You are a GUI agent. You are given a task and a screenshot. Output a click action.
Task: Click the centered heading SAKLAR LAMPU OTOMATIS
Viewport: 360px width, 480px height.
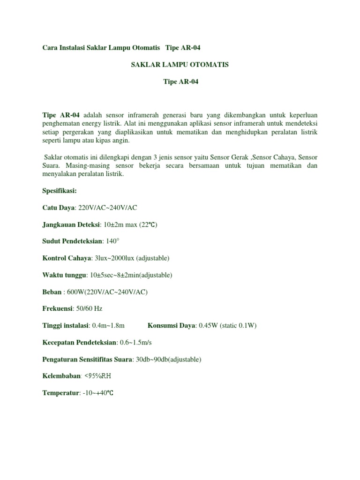point(180,65)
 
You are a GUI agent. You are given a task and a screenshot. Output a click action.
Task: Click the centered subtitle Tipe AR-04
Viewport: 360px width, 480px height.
point(181,82)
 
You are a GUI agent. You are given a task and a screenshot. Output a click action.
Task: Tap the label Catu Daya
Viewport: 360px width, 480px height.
point(59,208)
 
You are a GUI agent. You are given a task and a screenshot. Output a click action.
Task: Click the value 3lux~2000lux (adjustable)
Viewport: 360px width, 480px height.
point(132,258)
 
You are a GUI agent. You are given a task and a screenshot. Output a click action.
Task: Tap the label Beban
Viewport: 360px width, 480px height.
point(52,292)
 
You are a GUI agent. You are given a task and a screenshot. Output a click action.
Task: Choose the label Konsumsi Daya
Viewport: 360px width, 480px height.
point(172,326)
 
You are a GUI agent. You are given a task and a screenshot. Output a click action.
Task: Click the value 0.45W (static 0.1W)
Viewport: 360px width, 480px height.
point(227,326)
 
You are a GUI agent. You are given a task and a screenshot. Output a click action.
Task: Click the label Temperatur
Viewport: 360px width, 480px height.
point(60,393)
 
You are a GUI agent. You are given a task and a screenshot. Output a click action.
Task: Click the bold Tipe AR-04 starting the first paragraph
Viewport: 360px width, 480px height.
point(61,115)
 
